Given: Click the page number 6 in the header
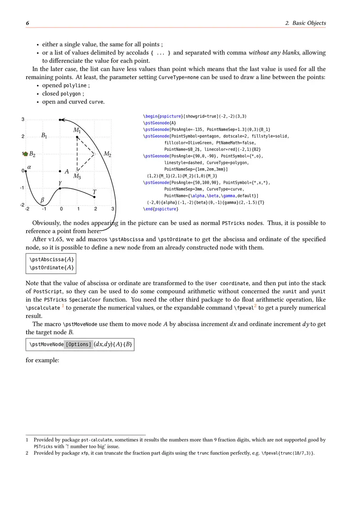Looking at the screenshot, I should click(x=27, y=23).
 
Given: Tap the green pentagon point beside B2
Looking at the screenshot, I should click(x=26, y=154).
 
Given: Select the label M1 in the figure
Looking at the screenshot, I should click(x=77, y=130).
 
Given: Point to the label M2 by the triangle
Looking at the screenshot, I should click(x=107, y=154).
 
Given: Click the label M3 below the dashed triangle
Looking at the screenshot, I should click(x=77, y=177).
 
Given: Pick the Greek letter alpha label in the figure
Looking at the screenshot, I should click(x=30, y=167).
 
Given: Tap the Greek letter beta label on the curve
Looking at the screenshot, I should click(x=43, y=200).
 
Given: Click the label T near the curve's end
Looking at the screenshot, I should click(x=94, y=192).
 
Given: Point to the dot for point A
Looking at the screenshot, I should click(x=60, y=171).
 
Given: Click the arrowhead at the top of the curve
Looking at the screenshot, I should click(x=63, y=120).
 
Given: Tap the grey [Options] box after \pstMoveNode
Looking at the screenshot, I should click(x=79, y=345).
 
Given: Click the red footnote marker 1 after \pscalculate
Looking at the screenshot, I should click(x=63, y=306).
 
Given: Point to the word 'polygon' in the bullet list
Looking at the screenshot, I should click(x=72, y=94).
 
